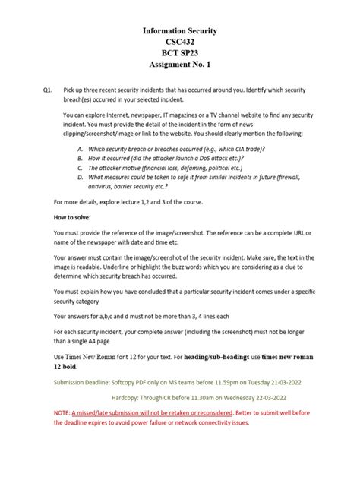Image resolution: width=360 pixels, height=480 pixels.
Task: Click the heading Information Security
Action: [180, 31]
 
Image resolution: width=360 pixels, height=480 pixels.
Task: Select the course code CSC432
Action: [180, 44]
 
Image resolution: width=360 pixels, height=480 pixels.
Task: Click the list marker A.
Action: [81, 149]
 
